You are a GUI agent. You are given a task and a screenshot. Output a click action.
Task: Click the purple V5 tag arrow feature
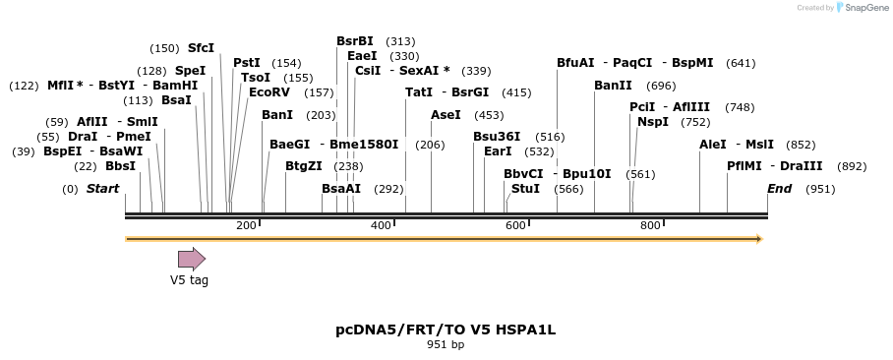[191, 259]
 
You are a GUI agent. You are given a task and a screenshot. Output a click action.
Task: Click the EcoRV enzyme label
[269, 91]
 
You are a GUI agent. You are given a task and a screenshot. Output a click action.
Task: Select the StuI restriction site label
[525, 188]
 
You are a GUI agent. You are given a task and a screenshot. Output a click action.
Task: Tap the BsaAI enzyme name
[341, 188]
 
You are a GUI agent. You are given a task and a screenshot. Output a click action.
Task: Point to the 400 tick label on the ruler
[381, 226]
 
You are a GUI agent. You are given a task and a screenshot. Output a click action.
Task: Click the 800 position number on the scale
[650, 226]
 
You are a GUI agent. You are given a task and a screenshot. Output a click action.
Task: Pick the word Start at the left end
[102, 188]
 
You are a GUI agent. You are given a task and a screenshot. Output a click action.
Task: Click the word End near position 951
[779, 188]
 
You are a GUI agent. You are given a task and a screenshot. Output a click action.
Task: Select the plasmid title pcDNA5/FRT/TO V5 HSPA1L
[446, 330]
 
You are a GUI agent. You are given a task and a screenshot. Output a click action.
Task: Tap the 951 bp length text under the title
[446, 345]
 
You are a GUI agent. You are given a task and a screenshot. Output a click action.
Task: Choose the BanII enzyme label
[613, 86]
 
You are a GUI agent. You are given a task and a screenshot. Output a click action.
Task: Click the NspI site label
[653, 122]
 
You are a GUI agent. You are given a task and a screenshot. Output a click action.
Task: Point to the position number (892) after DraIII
[852, 166]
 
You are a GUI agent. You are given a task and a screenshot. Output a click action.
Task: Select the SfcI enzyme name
[201, 48]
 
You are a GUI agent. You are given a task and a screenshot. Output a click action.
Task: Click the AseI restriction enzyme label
[446, 115]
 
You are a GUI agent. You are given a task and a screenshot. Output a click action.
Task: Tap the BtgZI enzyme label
[303, 166]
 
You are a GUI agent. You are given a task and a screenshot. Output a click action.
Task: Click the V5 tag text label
[189, 279]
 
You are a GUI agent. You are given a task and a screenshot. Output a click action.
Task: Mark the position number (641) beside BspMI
[741, 63]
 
